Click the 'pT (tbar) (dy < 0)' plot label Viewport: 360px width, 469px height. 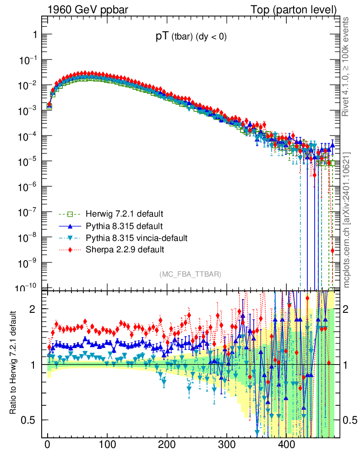tap(191, 38)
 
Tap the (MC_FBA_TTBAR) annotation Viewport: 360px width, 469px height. tap(191, 274)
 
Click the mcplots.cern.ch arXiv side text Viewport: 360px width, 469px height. tap(347, 220)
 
